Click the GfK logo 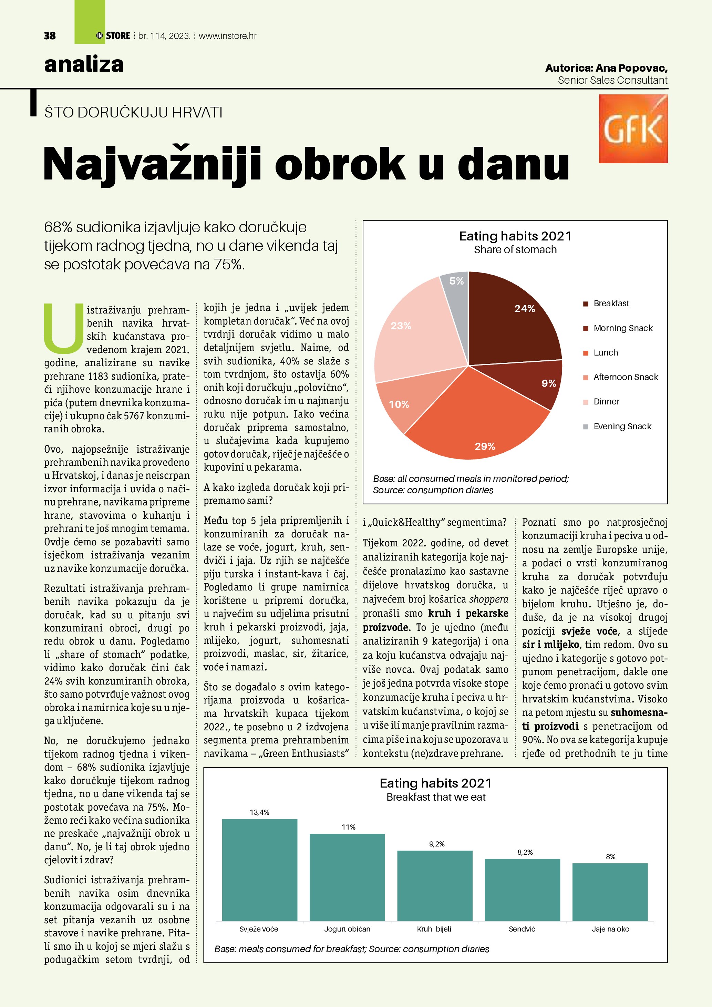pos(633,129)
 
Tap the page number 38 pos(50,36)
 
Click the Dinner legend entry pos(606,402)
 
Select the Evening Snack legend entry pos(622,426)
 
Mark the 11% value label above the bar pos(348,827)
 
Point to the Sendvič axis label pos(522,929)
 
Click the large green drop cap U pos(64,328)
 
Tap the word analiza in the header pos(84,64)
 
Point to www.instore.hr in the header pos(228,36)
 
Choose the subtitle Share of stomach pos(515,249)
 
